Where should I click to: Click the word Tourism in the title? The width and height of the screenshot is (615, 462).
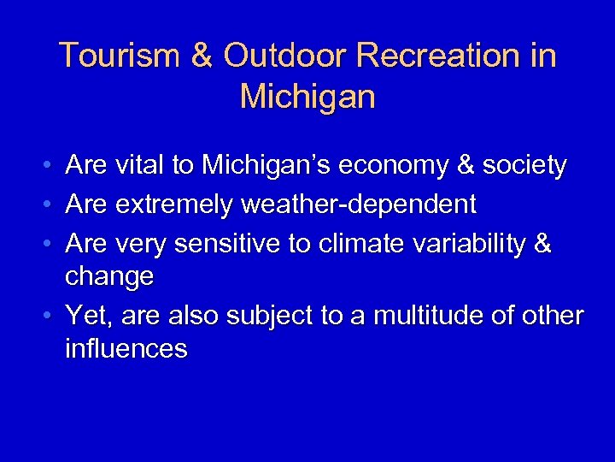pos(119,56)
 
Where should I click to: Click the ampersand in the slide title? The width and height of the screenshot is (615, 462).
pos(202,56)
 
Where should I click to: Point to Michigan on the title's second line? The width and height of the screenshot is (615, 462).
pos(307,97)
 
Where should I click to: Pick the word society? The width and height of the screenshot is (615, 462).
pos(524,165)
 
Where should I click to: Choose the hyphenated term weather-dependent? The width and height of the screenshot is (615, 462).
pos(359,205)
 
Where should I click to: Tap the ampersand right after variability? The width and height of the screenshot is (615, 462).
pos(542,245)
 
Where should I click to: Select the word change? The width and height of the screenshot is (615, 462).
pos(109,277)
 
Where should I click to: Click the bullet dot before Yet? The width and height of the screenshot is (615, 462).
pos(50,317)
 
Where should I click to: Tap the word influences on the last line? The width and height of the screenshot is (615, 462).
pos(126,349)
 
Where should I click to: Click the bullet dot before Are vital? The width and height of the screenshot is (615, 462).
pos(50,165)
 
